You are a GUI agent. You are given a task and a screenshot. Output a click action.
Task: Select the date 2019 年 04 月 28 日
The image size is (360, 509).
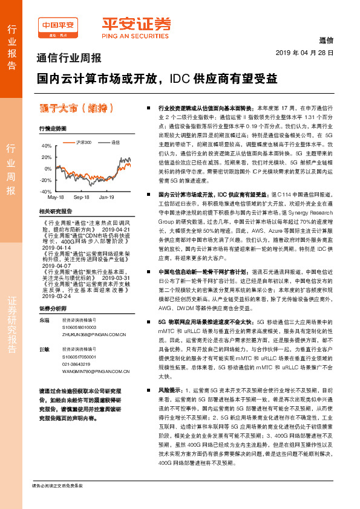coord(309,53)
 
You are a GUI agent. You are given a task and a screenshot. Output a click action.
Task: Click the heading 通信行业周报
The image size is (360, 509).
coord(70,59)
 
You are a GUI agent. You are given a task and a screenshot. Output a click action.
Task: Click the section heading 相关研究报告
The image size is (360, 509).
coord(55,211)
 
